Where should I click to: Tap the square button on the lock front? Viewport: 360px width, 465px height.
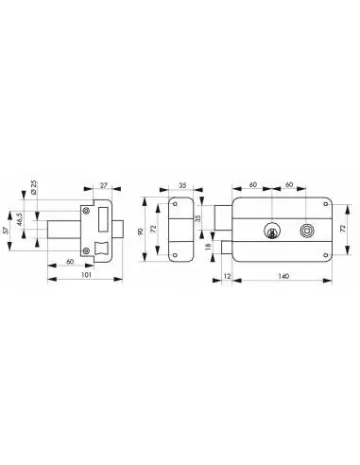(305, 230)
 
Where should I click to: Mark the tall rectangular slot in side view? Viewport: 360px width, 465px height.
(102, 217)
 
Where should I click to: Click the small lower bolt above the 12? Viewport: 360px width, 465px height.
(228, 248)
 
